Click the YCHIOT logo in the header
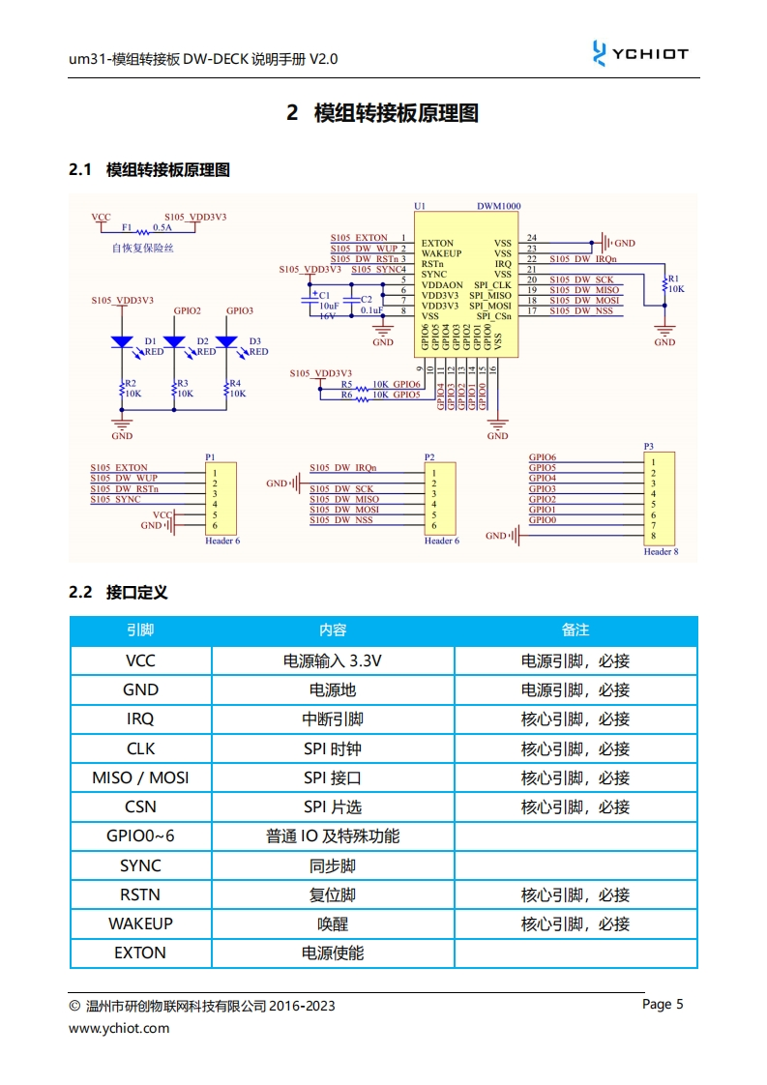pos(639,54)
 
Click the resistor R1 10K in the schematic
pos(664,283)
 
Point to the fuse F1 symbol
pos(143,231)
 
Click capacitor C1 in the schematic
pos(312,296)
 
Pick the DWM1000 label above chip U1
pos(498,206)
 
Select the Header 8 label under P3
pos(661,551)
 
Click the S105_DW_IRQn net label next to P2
pos(342,468)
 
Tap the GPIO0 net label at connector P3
pos(542,520)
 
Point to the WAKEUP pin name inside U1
pos(441,253)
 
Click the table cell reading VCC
pos(140,661)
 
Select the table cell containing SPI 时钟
pos(333,748)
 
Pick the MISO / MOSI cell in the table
pos(140,777)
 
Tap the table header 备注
pos(575,630)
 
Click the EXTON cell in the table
pos(140,953)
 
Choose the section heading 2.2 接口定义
pos(118,592)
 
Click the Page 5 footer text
pos(663,1004)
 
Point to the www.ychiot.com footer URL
pos(118,1028)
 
